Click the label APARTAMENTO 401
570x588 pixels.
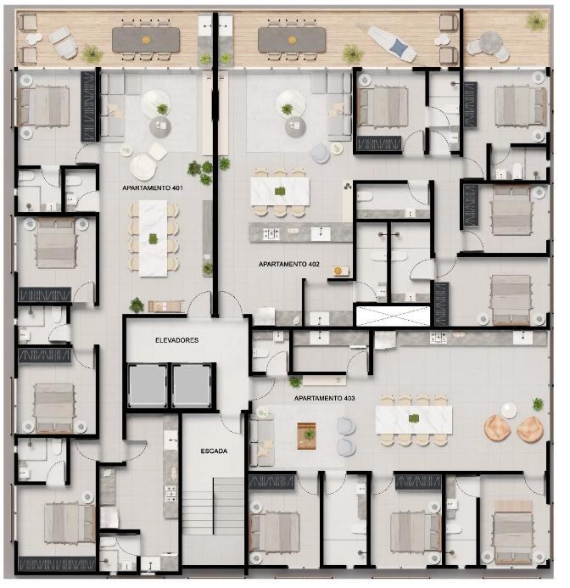(x=152, y=188)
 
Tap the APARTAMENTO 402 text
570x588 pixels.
(x=288, y=264)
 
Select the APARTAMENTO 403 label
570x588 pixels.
(x=324, y=398)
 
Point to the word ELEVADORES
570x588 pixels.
(x=177, y=340)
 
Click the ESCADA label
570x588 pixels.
(x=214, y=451)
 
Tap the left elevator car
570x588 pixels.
(x=148, y=385)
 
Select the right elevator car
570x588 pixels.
(x=192, y=385)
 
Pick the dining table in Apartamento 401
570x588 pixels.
(x=153, y=238)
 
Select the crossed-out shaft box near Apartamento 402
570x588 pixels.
(x=393, y=316)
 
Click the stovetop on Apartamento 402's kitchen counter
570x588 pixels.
(x=271, y=233)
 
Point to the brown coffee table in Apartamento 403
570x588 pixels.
(x=306, y=436)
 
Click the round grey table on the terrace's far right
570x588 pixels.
(x=491, y=42)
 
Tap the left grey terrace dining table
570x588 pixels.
(x=146, y=39)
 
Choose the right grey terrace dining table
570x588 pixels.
(x=292, y=40)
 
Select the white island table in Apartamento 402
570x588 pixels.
(x=280, y=191)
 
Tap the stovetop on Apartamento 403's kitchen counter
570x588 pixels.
(x=438, y=339)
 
